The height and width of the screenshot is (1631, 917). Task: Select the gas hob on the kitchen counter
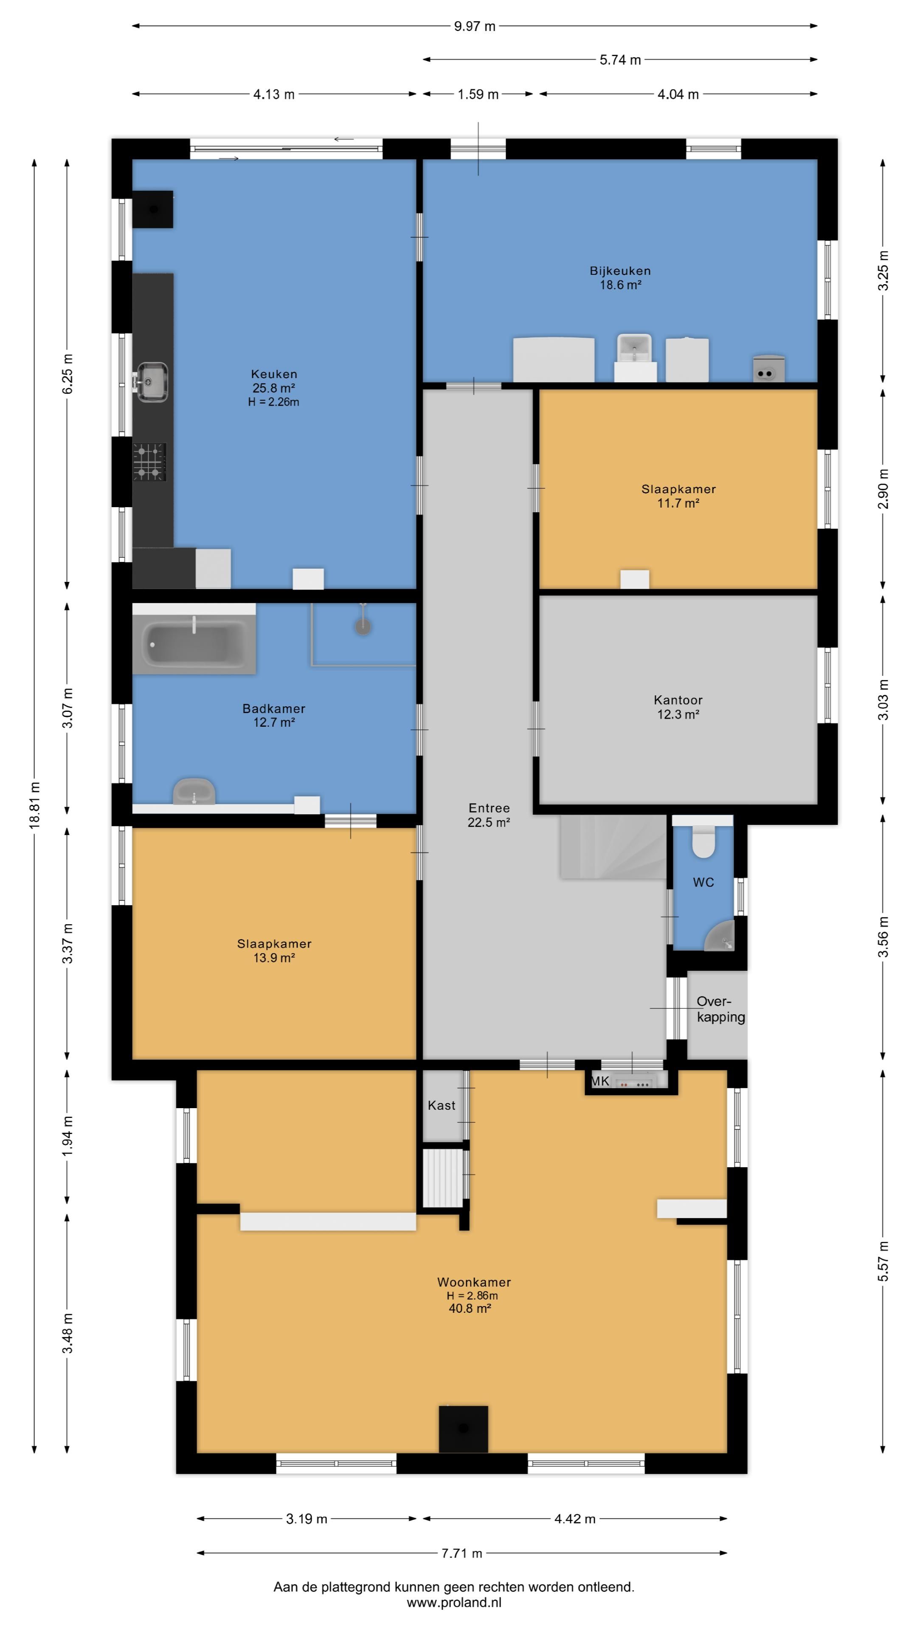coord(149,462)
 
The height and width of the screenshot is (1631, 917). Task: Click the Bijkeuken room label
coord(620,271)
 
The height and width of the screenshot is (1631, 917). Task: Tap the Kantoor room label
coord(678,700)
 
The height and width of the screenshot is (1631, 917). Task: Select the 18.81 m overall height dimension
coord(35,805)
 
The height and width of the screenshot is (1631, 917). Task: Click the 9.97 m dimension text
coord(475,26)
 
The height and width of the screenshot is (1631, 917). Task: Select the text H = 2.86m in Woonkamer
coord(472,1295)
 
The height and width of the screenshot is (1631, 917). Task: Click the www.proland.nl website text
coord(454,1603)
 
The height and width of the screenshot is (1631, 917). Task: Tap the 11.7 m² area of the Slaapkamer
coord(678,503)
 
